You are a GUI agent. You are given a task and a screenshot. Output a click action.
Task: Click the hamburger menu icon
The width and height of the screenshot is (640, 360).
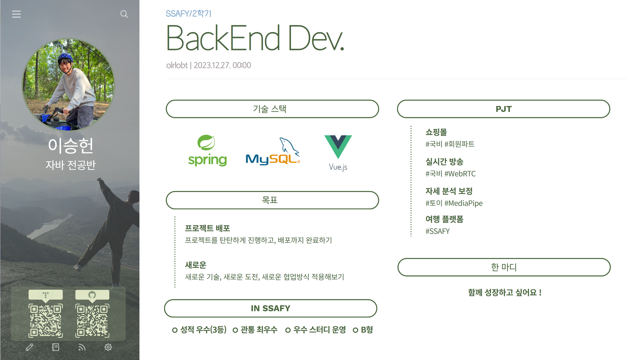tap(16, 14)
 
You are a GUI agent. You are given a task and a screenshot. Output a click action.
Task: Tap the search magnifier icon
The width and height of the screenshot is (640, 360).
tap(124, 14)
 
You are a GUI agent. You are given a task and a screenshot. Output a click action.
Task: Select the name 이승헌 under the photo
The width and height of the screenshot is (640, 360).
tap(70, 146)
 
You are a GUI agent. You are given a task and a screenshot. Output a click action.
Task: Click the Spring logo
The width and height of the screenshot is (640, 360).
tap(207, 150)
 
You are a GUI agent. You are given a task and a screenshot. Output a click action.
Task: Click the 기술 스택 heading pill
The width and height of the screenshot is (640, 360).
tap(272, 109)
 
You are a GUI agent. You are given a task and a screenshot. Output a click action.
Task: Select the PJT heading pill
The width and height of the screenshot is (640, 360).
tap(503, 109)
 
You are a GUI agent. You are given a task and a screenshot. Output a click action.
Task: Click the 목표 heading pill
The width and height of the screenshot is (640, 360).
tap(272, 200)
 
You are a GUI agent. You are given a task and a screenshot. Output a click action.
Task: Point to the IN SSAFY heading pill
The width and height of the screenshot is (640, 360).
tap(270, 308)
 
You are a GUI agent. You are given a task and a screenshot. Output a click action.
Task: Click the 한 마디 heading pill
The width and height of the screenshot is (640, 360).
tap(504, 267)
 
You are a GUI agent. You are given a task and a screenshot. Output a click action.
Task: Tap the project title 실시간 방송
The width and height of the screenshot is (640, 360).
tap(444, 162)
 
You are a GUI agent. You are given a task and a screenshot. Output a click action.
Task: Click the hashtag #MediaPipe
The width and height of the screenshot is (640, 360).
tap(463, 203)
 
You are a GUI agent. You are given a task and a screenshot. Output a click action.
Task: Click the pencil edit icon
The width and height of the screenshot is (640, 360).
tap(29, 347)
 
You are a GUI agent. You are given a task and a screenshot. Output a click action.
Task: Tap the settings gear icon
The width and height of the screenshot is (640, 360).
tap(108, 347)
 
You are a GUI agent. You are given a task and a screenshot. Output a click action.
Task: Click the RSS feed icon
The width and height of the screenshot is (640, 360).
tap(82, 347)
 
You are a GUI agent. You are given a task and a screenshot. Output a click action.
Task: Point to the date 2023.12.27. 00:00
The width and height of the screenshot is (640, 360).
tap(222, 65)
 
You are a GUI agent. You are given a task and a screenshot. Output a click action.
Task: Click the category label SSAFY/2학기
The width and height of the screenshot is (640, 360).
tap(189, 14)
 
